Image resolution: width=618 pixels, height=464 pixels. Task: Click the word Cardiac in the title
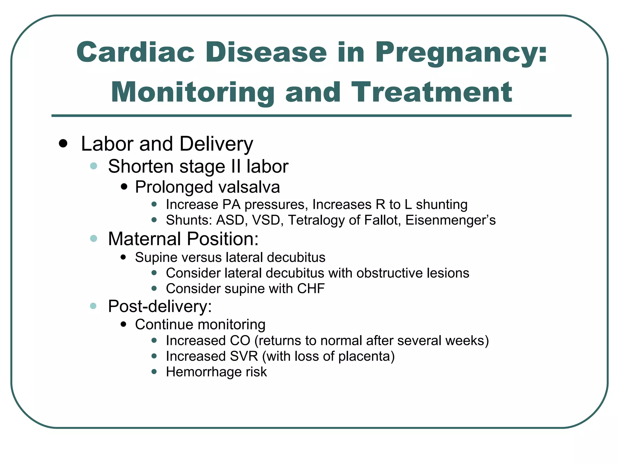point(135,52)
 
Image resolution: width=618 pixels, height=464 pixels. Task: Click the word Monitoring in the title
point(193,93)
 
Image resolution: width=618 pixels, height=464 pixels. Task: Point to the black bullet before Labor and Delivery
point(63,143)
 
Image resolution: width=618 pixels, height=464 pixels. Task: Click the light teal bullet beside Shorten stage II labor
point(94,166)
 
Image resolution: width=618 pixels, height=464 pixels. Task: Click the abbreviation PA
point(231,205)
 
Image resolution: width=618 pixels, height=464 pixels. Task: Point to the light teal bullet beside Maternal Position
point(94,239)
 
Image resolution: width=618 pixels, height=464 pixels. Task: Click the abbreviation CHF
point(311,288)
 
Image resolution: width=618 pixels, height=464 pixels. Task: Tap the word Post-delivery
point(160,306)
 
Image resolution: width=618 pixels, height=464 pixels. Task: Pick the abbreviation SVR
point(244,356)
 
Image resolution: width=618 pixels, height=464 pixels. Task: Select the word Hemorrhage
point(203,372)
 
